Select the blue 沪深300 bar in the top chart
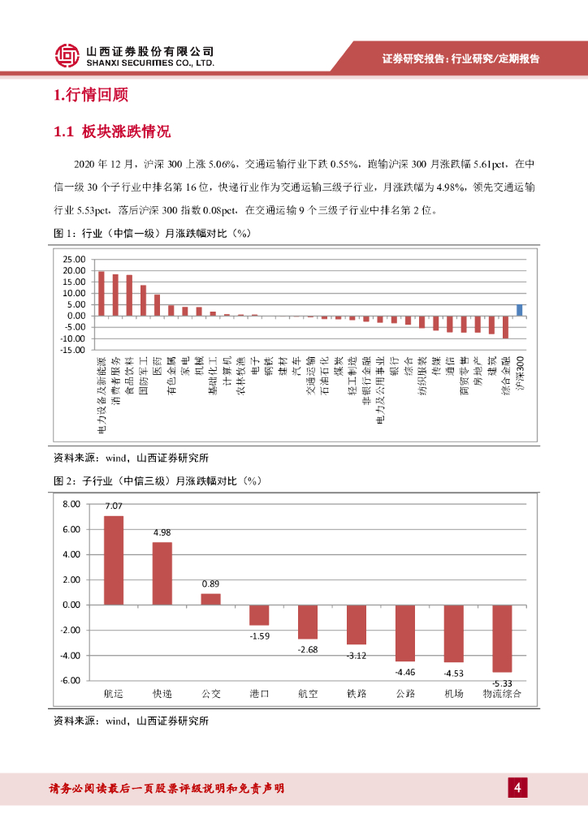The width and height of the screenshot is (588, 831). [519, 310]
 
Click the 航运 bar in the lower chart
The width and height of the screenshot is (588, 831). [114, 560]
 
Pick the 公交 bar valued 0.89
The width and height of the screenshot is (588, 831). [210, 599]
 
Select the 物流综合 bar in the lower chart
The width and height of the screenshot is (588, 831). [503, 638]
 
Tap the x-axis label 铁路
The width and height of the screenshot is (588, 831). [357, 694]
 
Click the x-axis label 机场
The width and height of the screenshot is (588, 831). [454, 694]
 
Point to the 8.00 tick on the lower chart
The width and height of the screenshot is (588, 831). [71, 504]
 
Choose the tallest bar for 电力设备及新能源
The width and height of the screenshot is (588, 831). [101, 294]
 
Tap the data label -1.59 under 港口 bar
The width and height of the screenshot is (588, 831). [260, 635]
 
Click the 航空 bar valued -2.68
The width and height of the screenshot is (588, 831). [308, 622]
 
